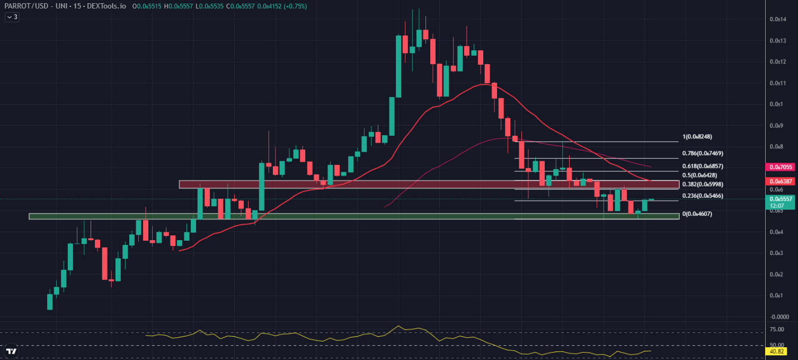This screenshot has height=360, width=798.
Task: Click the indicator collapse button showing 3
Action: [x=12, y=17]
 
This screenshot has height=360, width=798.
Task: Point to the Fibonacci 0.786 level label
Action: [x=703, y=153]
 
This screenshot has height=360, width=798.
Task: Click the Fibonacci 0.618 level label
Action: [x=703, y=166]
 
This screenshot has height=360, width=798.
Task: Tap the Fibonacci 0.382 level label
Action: [x=703, y=184]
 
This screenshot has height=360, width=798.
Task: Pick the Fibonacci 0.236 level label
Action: [x=703, y=196]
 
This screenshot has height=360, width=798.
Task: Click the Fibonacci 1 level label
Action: [x=697, y=136]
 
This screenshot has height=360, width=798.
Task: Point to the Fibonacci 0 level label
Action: [x=697, y=214]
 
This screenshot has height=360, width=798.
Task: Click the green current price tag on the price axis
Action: [x=781, y=199]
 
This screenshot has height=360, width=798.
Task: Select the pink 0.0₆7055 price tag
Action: [x=781, y=167]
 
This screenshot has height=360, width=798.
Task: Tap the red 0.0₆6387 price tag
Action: [x=781, y=181]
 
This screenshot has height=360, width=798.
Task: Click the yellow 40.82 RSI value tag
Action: [x=777, y=351]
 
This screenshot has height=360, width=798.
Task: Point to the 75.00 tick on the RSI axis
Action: [x=777, y=329]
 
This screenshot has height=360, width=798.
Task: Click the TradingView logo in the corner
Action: [x=11, y=351]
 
